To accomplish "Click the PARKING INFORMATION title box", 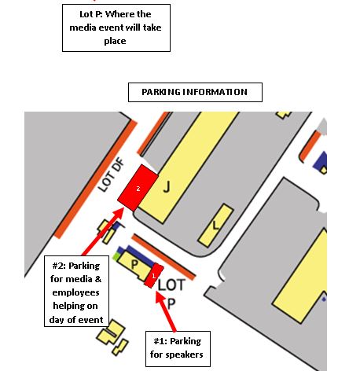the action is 195,92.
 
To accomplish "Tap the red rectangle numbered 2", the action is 138,188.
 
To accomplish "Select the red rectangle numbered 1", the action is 154,276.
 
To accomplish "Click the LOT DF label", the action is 111,174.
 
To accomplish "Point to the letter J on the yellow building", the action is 167,187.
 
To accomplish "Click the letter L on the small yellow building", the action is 216,225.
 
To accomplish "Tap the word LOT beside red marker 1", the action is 171,285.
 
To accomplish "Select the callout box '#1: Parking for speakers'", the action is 178,349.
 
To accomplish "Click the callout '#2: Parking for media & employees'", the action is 76,291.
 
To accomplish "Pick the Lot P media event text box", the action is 116,28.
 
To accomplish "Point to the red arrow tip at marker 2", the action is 123,208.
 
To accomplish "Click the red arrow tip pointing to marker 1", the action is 157,292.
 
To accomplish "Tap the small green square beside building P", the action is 116,256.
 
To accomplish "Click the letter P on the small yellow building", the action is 134,264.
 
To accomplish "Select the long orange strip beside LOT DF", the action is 96,179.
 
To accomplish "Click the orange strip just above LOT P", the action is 163,257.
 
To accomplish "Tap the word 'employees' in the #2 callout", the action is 75,292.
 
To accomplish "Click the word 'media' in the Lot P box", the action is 83,28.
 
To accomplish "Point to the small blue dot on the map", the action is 324,299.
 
